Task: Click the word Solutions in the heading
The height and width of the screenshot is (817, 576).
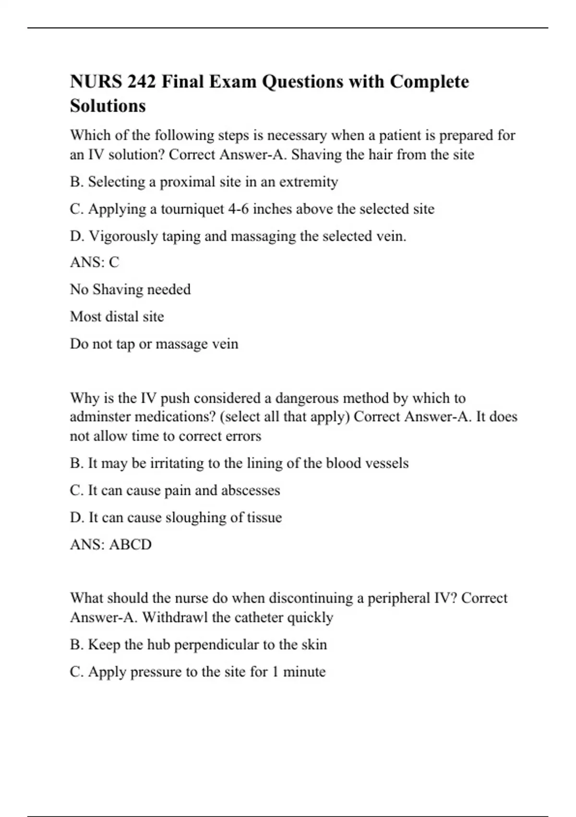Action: tap(108, 106)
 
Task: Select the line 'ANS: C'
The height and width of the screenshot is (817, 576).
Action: tap(95, 262)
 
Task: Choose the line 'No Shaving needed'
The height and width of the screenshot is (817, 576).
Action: tap(130, 289)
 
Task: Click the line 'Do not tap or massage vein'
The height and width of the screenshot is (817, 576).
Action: tap(154, 344)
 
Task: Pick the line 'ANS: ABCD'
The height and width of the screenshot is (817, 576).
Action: tap(111, 545)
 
